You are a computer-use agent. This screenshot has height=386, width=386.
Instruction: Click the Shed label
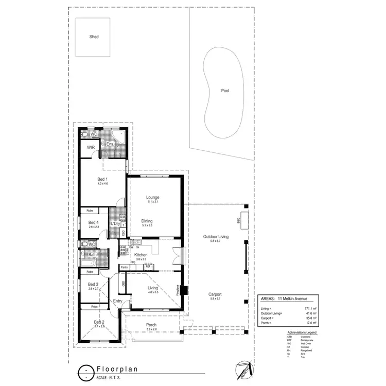[x=94, y=37]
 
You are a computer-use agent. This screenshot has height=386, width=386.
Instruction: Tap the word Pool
[x=225, y=91]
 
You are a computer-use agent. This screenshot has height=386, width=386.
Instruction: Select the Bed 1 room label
[x=102, y=179]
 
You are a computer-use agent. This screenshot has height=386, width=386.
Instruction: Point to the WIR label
[x=91, y=147]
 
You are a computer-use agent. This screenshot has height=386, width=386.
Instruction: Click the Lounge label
[x=152, y=197]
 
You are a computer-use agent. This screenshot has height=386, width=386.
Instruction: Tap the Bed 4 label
[x=93, y=222]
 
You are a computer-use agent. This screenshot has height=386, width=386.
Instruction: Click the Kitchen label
[x=141, y=255]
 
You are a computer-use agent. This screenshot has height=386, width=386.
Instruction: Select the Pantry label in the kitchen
[x=125, y=267]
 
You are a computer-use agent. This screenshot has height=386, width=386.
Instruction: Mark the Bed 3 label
[x=93, y=284]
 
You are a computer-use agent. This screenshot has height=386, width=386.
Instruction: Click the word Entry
[x=118, y=301]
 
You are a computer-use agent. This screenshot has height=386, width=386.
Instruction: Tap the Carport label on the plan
[x=215, y=294]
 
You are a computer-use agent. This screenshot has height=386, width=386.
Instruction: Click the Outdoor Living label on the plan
[x=216, y=236]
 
